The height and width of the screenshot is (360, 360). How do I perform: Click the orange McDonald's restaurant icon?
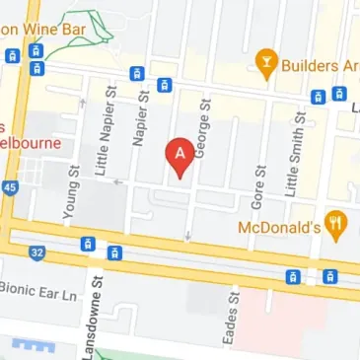337,224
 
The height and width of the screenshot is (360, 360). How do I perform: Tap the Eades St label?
233,315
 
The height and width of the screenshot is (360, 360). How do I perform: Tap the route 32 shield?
37,252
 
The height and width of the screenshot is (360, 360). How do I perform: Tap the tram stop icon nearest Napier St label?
137,74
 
